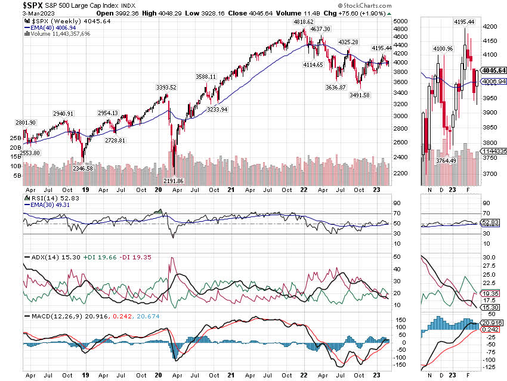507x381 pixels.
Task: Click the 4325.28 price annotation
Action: (x=348, y=42)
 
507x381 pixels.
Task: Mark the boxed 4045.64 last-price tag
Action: (x=494, y=70)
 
